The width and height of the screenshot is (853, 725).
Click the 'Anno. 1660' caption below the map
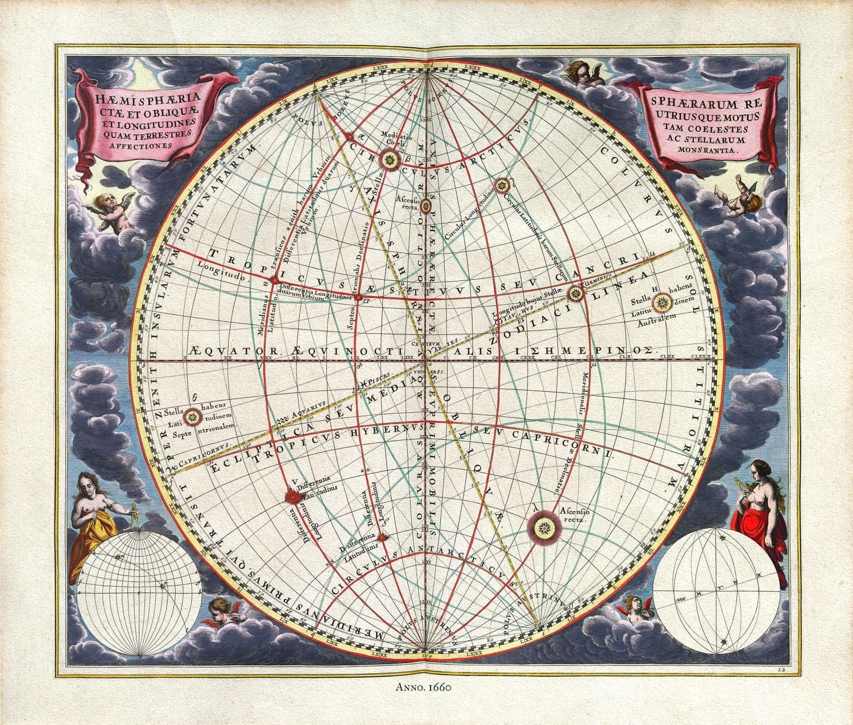click(x=423, y=687)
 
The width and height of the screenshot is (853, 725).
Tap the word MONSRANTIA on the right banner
click(x=705, y=151)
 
